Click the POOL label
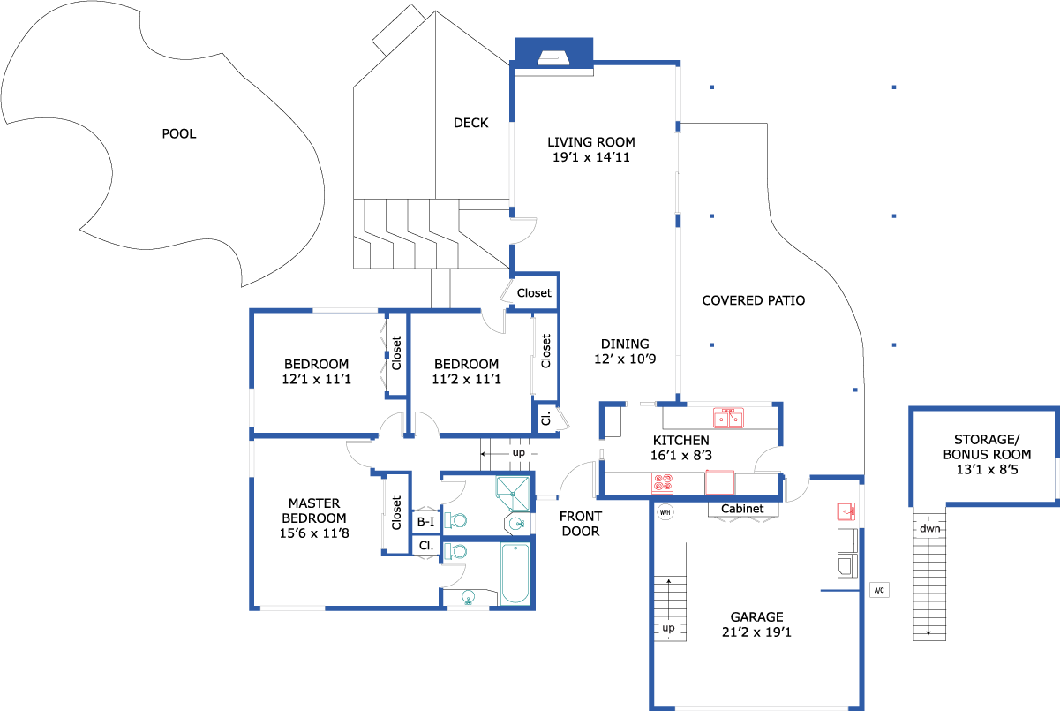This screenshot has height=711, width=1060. [x=179, y=134]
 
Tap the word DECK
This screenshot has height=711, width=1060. [x=470, y=123]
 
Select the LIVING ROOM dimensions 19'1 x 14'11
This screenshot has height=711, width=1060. [x=590, y=157]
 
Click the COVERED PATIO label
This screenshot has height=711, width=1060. [x=753, y=300]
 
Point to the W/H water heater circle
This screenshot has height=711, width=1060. [x=665, y=511]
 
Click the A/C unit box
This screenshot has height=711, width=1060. [x=879, y=590]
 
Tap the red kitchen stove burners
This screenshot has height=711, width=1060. [x=663, y=483]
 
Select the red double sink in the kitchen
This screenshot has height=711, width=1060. [x=728, y=417]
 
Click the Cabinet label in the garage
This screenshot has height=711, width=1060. [x=742, y=509]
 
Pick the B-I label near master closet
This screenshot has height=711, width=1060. [x=425, y=522]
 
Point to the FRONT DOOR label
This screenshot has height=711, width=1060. [x=580, y=524]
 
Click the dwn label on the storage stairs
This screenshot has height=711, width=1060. [x=929, y=529]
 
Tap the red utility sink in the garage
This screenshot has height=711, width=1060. [x=846, y=511]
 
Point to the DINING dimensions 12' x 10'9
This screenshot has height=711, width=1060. [x=625, y=359]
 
